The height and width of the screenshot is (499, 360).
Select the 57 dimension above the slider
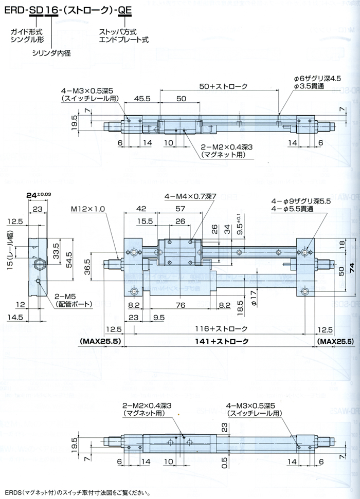click(179, 209)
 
